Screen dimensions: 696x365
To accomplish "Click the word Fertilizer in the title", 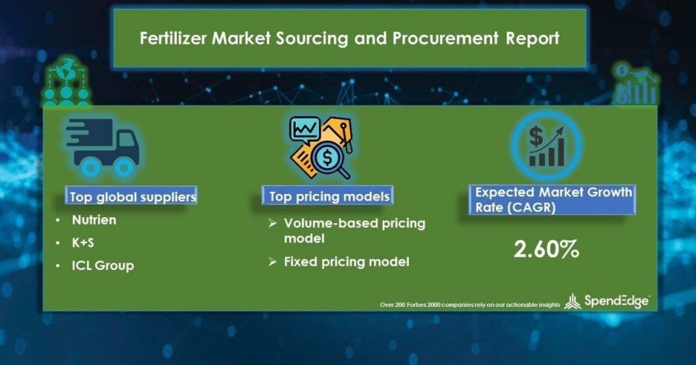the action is click(173, 38).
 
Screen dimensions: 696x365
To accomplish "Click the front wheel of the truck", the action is click(124, 167).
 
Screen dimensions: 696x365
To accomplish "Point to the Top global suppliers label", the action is click(132, 196).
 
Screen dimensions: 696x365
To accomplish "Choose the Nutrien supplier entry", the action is click(94, 220).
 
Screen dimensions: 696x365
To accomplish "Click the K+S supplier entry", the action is click(83, 243).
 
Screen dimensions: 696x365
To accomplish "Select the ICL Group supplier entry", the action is click(103, 265).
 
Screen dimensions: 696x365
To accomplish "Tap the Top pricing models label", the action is click(329, 196).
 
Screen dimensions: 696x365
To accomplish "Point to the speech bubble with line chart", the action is click(304, 130).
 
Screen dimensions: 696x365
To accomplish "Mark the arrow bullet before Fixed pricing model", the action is click(273, 262).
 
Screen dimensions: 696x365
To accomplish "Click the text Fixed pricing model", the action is click(347, 261).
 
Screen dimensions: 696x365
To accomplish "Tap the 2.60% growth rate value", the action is click(547, 249).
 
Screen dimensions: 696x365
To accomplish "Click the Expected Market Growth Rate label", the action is click(553, 200).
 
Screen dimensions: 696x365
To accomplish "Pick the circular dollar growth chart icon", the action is click(547, 146).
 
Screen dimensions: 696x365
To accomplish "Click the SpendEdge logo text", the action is click(616, 301).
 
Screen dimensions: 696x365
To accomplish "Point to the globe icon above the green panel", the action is click(67, 82).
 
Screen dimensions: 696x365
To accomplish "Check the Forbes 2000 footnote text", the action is click(470, 305).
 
